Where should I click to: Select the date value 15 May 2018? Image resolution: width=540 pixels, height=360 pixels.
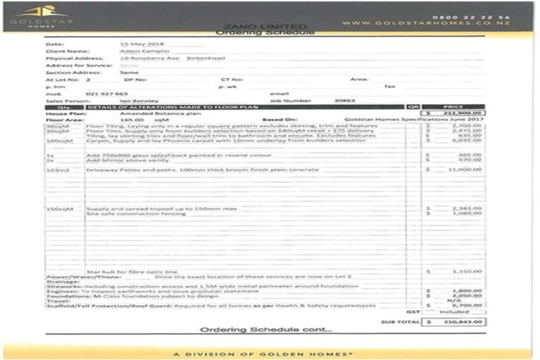[x=137, y=44]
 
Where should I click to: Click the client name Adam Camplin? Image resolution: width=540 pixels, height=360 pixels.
[x=137, y=51]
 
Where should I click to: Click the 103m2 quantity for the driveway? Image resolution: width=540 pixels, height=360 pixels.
[x=58, y=169]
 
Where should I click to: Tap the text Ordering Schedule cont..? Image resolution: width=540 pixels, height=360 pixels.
[x=266, y=330]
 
